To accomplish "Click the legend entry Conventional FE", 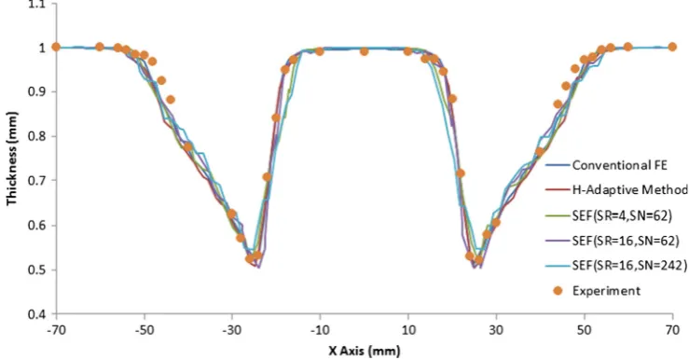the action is click(x=620, y=165).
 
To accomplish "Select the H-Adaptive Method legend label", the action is click(x=630, y=190).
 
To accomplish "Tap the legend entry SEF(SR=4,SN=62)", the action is click(x=622, y=215).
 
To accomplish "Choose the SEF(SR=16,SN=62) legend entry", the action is click(x=626, y=241).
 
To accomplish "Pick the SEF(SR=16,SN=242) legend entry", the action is click(x=629, y=266).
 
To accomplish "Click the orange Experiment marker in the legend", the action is click(x=558, y=291).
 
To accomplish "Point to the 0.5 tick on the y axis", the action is click(x=36, y=270).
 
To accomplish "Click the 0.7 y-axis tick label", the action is click(x=36, y=181).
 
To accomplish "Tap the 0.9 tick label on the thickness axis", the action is click(x=36, y=92).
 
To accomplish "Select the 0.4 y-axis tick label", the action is click(x=36, y=314).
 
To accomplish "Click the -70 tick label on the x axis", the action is click(x=56, y=330).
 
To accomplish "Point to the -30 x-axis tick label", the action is click(x=232, y=330).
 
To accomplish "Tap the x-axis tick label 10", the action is click(x=408, y=330).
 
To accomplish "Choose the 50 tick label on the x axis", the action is click(x=585, y=330).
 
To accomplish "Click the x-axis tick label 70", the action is click(x=672, y=330).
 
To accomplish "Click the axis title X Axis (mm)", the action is click(x=365, y=351).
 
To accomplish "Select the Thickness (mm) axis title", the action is click(x=12, y=159).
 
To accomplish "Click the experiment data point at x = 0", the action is click(x=365, y=51).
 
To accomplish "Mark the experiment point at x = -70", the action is click(x=56, y=47).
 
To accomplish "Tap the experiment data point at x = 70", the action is click(x=672, y=47).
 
